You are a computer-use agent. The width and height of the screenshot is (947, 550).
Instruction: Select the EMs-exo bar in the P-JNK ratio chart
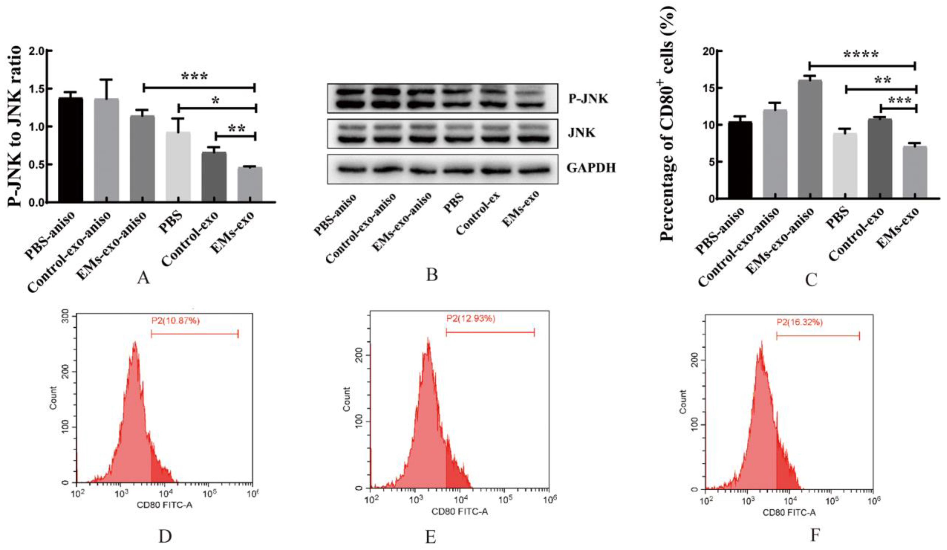coord(250,184)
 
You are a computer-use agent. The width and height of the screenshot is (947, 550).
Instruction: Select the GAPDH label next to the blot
coord(591,168)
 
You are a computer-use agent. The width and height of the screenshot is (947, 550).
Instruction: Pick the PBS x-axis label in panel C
coord(838,216)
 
